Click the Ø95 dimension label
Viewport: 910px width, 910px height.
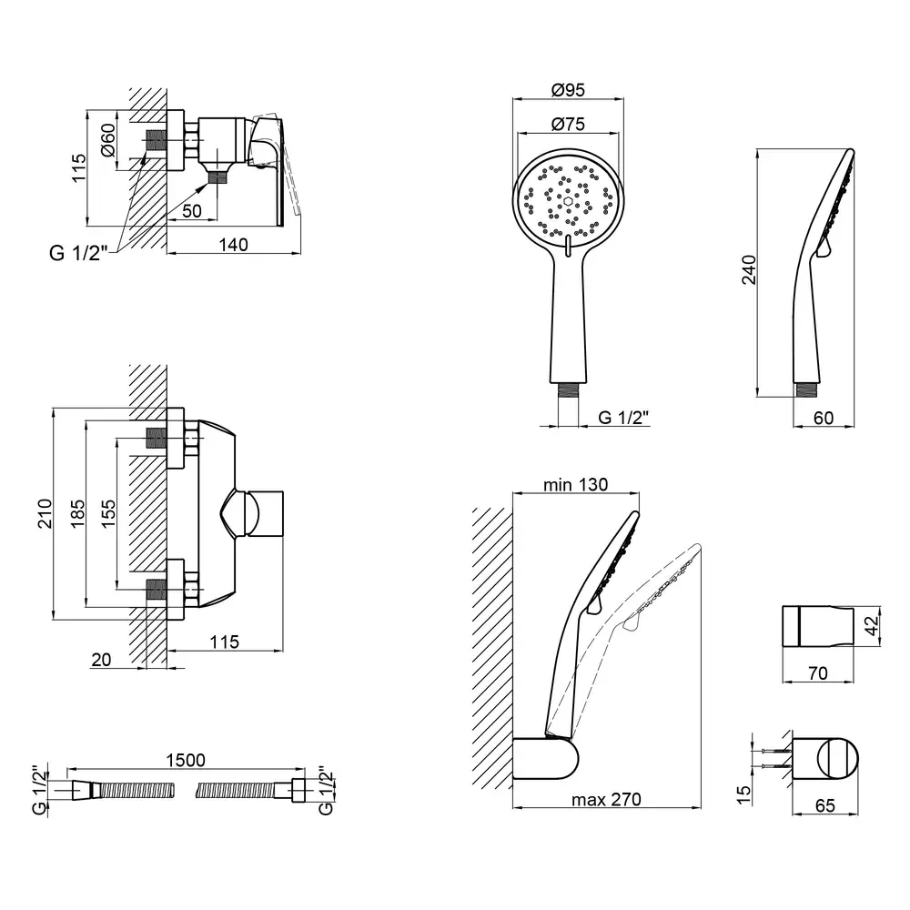[568, 90]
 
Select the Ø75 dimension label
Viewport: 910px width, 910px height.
[568, 125]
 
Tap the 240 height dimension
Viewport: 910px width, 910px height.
[748, 269]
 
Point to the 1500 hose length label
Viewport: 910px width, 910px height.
[185, 760]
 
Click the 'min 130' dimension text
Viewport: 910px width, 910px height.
[576, 485]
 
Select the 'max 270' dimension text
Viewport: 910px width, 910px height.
[606, 800]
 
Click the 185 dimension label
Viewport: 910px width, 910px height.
[76, 514]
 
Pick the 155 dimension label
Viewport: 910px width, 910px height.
[107, 514]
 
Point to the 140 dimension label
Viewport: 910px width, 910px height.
[233, 243]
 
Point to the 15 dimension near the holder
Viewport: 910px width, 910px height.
[744, 794]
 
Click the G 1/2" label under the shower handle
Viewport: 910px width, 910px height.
[623, 419]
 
